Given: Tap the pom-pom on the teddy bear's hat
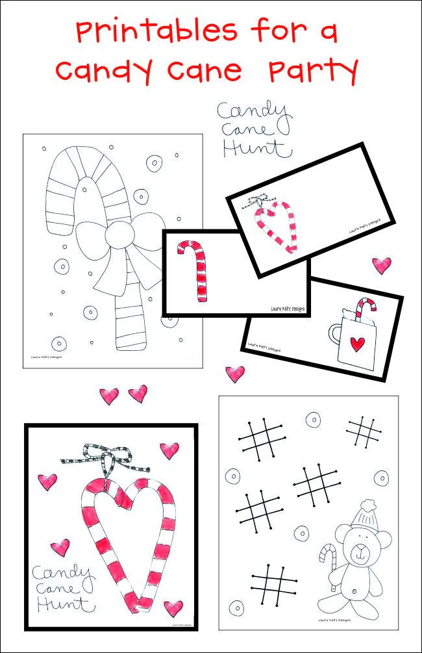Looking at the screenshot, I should pyautogui.click(x=368, y=504).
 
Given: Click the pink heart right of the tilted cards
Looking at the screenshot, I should pyautogui.click(x=381, y=265).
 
